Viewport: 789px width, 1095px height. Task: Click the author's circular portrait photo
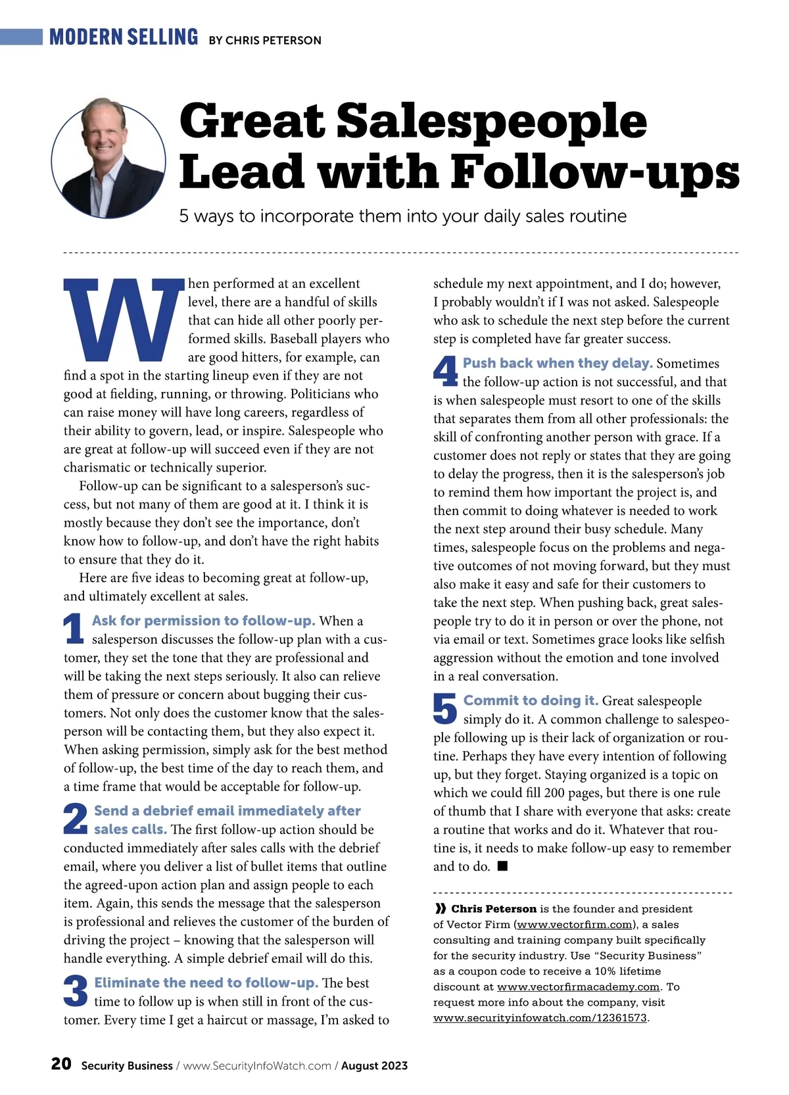[x=108, y=158]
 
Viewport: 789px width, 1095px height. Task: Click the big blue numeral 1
[x=74, y=629]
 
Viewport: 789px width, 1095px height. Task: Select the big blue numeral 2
[x=76, y=819]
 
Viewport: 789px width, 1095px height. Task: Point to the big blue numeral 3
[x=76, y=991]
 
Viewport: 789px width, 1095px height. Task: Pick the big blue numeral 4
[x=445, y=372]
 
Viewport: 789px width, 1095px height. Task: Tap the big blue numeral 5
[x=445, y=709]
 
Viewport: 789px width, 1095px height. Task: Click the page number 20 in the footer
[x=61, y=1064]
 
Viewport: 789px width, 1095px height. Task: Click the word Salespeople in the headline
[x=492, y=121]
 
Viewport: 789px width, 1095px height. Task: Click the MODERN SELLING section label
[x=124, y=37]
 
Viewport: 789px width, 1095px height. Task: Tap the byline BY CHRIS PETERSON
[x=265, y=40]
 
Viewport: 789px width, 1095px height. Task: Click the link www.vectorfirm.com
[x=572, y=925]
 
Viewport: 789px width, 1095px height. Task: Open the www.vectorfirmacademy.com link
[x=578, y=986]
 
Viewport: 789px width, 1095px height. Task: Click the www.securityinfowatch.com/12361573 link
[x=540, y=1018]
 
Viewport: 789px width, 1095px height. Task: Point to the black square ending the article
[x=502, y=866]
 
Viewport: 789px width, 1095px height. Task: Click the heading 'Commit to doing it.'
[x=531, y=700]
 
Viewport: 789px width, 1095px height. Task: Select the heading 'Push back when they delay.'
[x=558, y=363]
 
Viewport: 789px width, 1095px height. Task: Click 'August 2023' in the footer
[x=374, y=1065]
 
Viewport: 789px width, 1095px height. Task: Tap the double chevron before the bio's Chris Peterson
[x=440, y=909]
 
